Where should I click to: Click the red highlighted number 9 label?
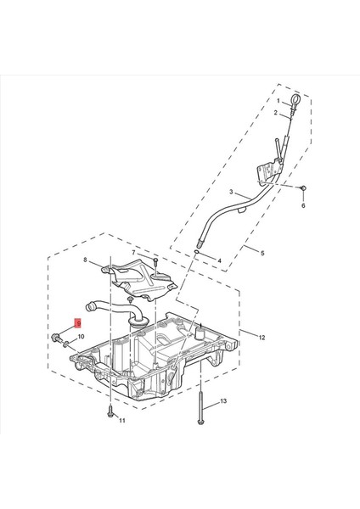pos(78,323)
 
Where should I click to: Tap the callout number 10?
pos(81,337)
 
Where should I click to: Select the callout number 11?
pos(122,421)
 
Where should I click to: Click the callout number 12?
pos(262,338)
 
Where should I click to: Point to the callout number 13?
pos(223,401)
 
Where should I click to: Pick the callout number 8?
pos(85,260)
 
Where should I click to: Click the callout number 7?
pos(133,252)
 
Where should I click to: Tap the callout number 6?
pos(303,205)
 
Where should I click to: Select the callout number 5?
pos(262,253)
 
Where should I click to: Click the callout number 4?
pos(219,260)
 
